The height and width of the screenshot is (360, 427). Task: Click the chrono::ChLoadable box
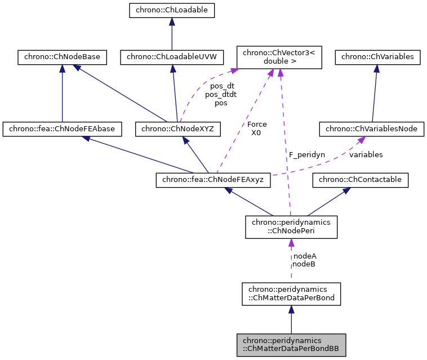tap(171, 10)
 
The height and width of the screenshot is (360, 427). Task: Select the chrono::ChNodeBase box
tap(61, 57)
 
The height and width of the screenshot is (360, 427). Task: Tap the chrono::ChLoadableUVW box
tap(172, 57)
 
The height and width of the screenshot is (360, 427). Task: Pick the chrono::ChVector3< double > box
tap(279, 57)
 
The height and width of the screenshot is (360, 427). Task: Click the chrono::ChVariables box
tap(377, 57)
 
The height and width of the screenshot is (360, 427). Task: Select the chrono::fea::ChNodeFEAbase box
tap(62, 129)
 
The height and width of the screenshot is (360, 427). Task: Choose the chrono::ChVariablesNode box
tap(371, 129)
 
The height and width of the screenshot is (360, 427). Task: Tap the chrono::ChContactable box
tap(361, 180)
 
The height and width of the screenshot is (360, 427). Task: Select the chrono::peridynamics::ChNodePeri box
tap(291, 226)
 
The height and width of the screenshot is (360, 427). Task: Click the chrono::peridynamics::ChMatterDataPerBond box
tap(291, 294)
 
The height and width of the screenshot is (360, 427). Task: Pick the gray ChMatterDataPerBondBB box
tap(291, 345)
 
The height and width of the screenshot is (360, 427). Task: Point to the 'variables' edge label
tap(366, 154)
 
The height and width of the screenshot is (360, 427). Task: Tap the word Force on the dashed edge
tap(257, 124)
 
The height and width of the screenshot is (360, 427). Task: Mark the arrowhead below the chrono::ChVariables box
tap(377, 69)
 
